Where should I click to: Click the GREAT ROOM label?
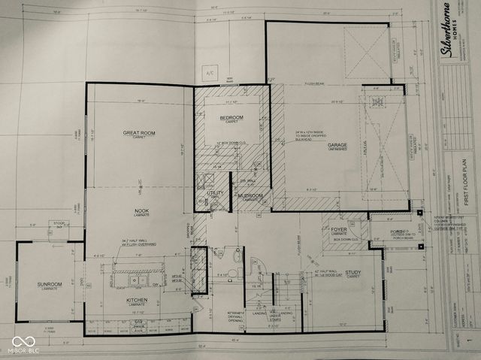[139, 133]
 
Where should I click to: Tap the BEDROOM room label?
[231, 118]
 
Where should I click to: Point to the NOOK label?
[141, 210]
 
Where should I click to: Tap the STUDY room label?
[353, 273]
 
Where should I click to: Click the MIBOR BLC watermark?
[24, 343]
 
